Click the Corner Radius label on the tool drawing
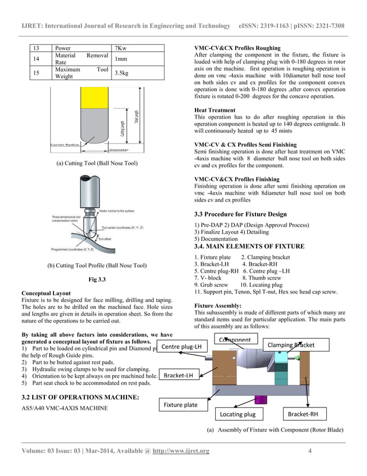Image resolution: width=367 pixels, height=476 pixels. (x=65, y=145)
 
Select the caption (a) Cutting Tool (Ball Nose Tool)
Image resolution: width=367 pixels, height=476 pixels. (x=97, y=164)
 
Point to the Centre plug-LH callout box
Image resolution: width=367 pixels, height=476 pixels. (x=181, y=346)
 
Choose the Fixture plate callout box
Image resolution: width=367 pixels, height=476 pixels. (x=181, y=405)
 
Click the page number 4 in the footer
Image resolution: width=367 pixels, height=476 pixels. (x=309, y=451)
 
